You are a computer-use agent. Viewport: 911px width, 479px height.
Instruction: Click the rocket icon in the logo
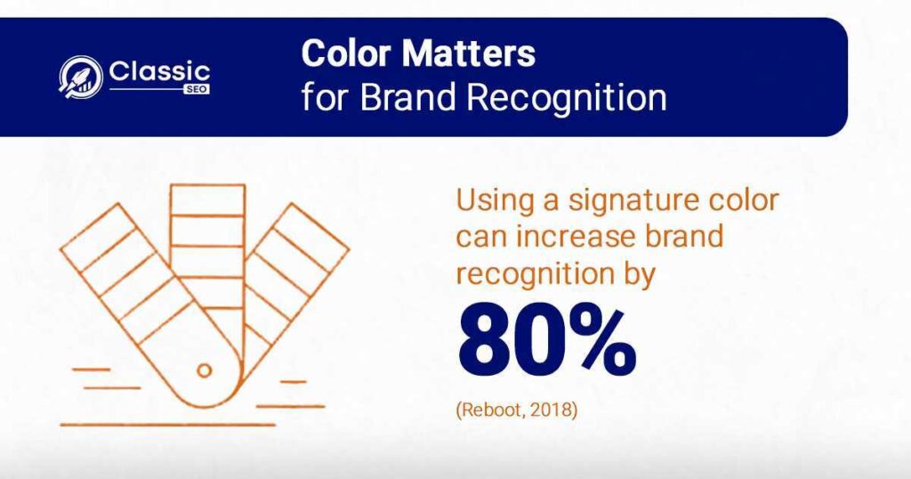point(81,77)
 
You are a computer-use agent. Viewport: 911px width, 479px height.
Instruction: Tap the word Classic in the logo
point(159,72)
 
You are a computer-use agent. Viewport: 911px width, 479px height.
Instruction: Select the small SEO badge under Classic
point(197,90)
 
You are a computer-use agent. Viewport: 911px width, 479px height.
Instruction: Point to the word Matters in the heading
point(468,53)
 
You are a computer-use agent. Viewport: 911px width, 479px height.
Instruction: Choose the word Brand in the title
point(407,97)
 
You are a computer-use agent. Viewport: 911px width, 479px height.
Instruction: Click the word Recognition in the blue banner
point(567,98)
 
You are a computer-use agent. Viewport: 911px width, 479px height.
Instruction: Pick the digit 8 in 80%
point(487,343)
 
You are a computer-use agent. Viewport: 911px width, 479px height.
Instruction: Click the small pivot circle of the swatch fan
point(204,370)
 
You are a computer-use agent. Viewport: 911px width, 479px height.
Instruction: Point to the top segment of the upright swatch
point(207,200)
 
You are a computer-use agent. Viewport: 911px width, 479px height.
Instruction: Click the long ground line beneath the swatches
point(167,425)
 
